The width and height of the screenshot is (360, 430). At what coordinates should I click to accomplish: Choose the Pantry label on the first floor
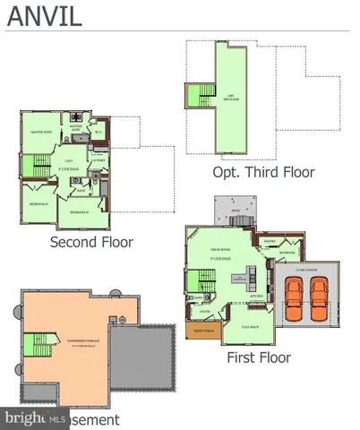coord(269,240)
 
